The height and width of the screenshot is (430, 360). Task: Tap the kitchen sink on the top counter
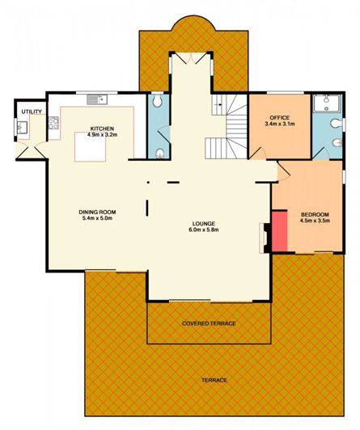[x=95, y=99]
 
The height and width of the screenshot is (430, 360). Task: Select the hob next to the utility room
[x=54, y=124]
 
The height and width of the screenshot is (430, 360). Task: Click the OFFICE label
[x=279, y=118]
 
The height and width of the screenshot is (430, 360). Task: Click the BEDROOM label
[x=315, y=213]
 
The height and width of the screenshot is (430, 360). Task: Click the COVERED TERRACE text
[x=209, y=323]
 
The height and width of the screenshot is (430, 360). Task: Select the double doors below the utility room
[x=33, y=151]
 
